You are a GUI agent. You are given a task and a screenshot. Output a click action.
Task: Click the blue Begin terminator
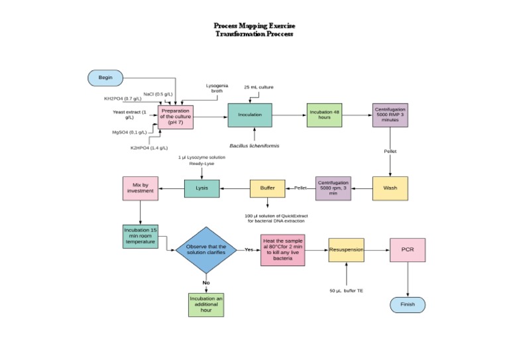point(105,78)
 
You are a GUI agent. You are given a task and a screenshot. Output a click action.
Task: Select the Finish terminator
point(408,304)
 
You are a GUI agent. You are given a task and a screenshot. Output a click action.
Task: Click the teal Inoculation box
point(250,115)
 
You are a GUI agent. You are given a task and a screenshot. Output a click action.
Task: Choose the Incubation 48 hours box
point(327,115)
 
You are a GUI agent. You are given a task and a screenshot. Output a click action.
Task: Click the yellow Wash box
point(390,188)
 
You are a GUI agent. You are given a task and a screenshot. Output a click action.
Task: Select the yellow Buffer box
point(267,189)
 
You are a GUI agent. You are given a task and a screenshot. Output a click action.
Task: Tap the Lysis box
point(201,188)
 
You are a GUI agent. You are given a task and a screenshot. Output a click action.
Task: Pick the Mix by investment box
point(140,188)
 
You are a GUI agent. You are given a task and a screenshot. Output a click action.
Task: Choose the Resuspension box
point(346,251)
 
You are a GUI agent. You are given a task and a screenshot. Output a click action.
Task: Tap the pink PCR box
point(408,251)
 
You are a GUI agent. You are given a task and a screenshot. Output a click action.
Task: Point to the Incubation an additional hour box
point(206,304)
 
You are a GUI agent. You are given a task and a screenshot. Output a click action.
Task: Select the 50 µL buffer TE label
point(347,290)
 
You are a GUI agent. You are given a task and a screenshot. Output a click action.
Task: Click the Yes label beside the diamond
point(249,250)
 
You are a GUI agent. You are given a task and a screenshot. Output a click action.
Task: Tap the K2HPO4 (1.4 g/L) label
point(149,147)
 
